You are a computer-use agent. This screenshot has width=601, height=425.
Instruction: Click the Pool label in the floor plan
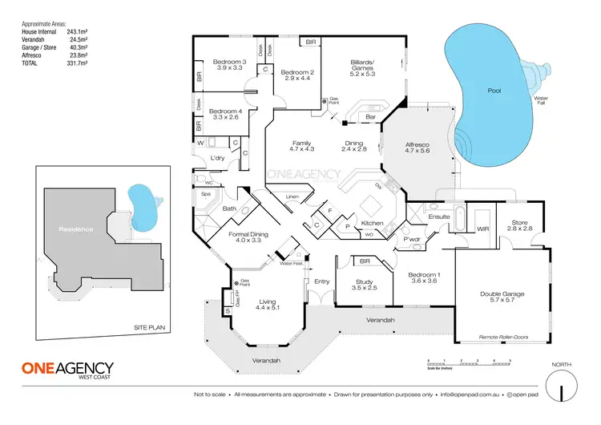click(494, 91)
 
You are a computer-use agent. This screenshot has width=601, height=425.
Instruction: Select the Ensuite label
click(439, 216)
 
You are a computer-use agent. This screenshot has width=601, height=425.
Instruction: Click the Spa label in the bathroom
click(205, 194)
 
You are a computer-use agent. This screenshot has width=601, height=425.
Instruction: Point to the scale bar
click(469, 363)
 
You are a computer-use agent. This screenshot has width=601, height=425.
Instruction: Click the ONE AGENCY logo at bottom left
click(67, 370)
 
